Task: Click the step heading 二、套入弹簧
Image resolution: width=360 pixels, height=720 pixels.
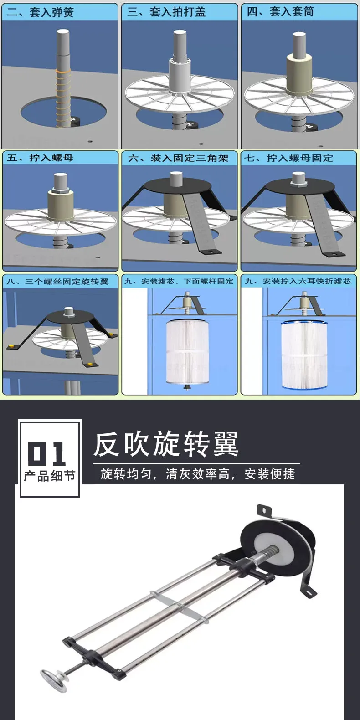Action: pos(40,12)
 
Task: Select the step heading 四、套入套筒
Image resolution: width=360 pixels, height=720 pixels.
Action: pos(280,11)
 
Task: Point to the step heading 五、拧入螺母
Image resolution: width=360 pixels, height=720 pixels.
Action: pos(40,158)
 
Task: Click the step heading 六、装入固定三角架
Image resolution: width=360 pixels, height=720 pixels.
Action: pos(178,158)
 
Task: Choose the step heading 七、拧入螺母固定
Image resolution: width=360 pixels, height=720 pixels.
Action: pos(288,158)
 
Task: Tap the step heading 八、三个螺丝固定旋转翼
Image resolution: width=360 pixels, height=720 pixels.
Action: pos(57,282)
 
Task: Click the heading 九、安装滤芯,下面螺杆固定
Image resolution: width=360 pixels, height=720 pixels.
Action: pos(179,281)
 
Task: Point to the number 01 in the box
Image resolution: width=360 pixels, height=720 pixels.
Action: pos(47,453)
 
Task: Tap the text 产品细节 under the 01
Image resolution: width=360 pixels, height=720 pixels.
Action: pos(50,476)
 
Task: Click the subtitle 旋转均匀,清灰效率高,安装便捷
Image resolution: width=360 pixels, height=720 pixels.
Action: pos(198,474)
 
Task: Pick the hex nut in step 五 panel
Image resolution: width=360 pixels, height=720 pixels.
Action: pos(61,191)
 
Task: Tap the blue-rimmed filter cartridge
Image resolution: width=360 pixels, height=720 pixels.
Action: pos(304,355)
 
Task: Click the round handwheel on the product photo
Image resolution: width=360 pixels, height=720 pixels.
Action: pos(54,680)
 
